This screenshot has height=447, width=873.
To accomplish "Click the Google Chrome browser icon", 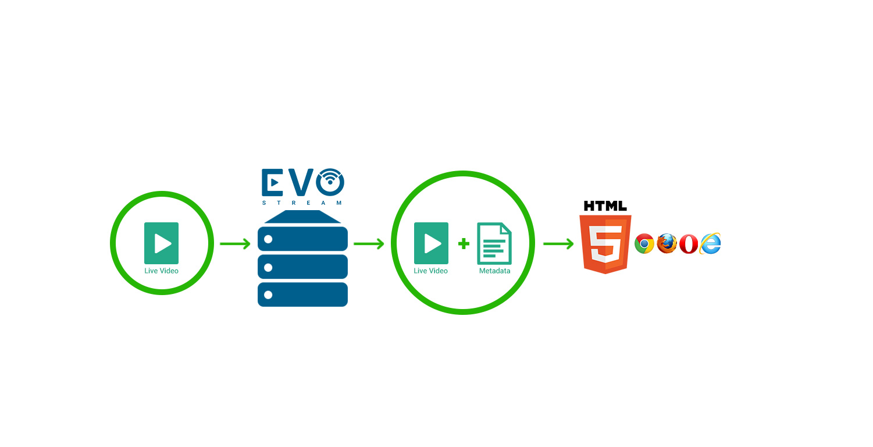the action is [x=644, y=244].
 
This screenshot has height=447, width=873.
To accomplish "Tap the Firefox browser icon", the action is [x=667, y=243].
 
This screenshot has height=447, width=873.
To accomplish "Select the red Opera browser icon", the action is [x=689, y=244].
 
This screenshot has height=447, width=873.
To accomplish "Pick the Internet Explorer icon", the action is [x=710, y=243].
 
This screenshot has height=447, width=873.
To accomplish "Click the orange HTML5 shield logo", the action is [x=605, y=244].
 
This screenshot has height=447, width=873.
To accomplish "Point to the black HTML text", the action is [x=605, y=206].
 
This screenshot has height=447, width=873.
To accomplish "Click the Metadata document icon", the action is [x=494, y=243].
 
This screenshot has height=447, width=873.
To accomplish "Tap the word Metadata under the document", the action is [x=494, y=271].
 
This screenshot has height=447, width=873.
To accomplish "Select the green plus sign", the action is [x=464, y=244].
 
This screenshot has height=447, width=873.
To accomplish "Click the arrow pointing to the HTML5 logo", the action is [x=558, y=244].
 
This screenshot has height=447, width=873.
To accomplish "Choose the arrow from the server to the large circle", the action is [x=369, y=244].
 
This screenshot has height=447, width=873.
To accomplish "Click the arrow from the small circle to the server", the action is [x=235, y=244].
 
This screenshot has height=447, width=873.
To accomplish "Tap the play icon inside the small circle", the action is [x=161, y=243].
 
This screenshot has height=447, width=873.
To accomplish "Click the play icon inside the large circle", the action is [x=431, y=243].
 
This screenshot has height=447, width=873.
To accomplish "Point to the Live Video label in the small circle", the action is [x=161, y=271].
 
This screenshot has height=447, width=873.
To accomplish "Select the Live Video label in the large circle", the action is [x=430, y=271].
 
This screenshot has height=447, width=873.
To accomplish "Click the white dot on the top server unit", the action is [x=268, y=239].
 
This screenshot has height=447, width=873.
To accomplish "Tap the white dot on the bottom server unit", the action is [x=268, y=295].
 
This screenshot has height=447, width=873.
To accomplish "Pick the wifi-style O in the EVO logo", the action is [x=330, y=182].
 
